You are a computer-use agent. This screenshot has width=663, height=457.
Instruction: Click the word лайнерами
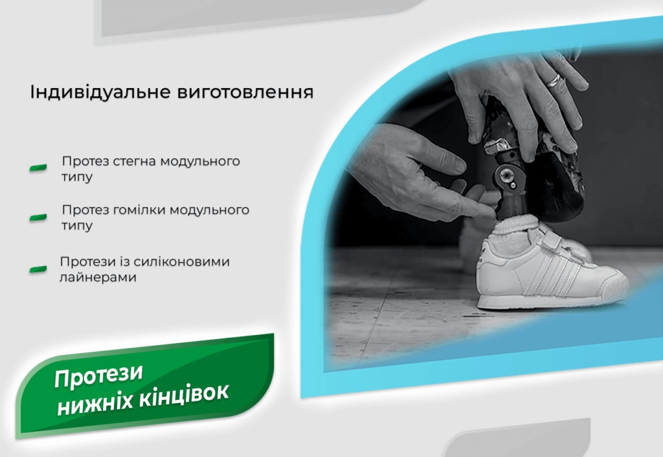point(98,277)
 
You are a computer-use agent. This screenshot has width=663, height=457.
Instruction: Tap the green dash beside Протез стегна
point(38,168)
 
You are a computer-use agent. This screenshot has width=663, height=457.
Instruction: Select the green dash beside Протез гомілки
point(38,217)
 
